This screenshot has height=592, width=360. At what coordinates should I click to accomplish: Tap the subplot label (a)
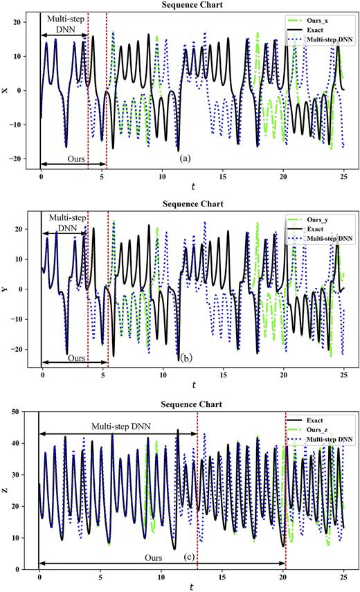(185, 159)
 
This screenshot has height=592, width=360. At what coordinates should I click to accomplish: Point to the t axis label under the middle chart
(193, 384)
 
